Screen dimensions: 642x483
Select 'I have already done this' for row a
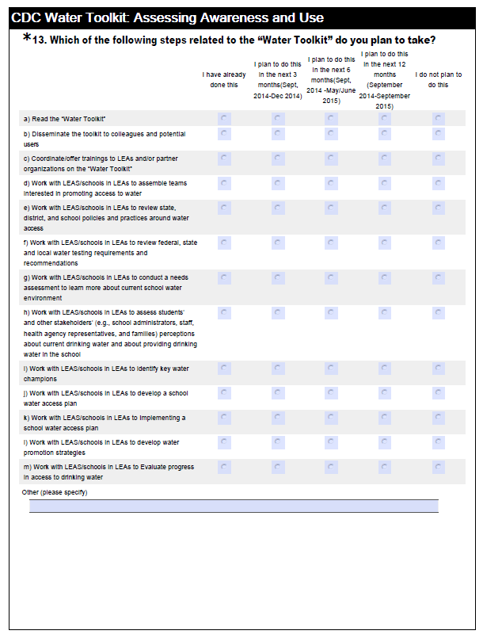coord(224,118)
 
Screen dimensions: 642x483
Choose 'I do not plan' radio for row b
coord(439,134)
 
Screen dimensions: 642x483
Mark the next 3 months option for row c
coord(278,159)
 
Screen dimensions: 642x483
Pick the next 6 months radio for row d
coord(331,183)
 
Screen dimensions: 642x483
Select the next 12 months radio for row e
coord(385,208)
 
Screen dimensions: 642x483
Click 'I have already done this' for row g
coord(224,278)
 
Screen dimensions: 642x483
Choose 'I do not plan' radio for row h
coord(439,313)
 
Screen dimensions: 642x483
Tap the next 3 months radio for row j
coord(278,392)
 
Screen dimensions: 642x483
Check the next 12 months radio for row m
coord(385,467)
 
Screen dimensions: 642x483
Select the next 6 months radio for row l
coord(331,441)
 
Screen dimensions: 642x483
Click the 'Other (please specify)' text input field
coord(234,506)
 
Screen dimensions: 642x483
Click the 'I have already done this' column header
coord(224,79)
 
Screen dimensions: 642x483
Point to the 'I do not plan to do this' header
coord(439,79)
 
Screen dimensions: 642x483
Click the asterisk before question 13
coord(28,38)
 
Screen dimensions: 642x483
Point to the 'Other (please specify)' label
coord(55,492)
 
